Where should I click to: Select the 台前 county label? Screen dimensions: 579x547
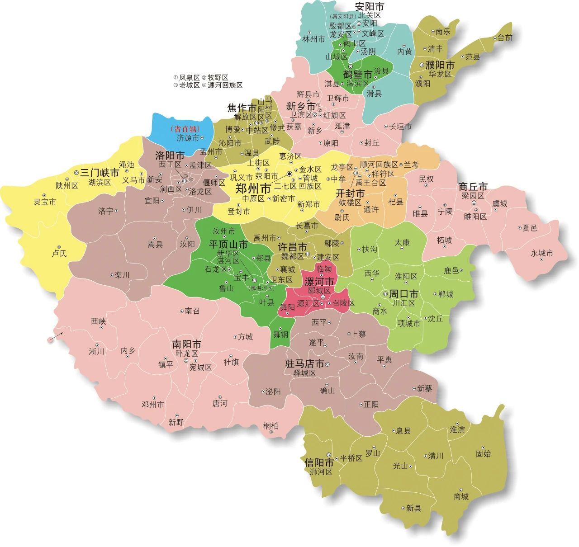pos(505,38)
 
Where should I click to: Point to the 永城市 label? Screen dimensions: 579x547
pos(542,254)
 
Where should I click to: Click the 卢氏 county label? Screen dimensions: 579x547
pos(59,253)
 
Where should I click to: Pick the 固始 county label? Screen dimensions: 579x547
pos(483,453)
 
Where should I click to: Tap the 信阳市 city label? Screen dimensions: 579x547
pos(319,463)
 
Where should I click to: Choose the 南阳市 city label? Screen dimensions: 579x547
pos(186,344)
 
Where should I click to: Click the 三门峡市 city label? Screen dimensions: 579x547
pos(100,173)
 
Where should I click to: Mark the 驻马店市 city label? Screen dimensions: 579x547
pos(304,363)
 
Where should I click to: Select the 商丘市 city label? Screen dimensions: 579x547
pos(473,187)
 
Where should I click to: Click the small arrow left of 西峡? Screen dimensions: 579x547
pos(56,336)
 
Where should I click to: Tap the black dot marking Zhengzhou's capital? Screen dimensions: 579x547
pos(289,174)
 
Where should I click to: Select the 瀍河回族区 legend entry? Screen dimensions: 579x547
pos(225,85)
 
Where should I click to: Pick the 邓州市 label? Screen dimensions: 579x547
pos(153,405)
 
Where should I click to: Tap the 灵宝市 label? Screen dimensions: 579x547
pos(45,202)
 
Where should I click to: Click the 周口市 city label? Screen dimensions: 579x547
pos(404,294)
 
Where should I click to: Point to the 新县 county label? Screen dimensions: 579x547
pos(413,508)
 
